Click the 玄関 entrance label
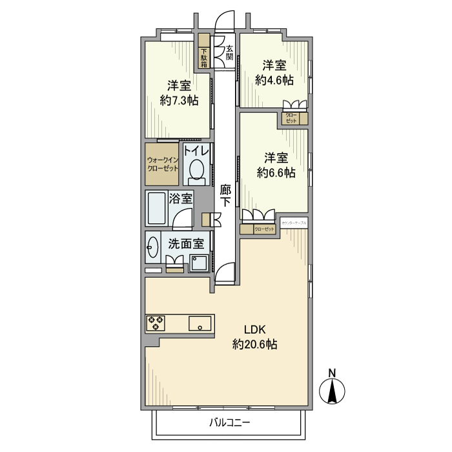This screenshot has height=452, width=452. pos(229,52)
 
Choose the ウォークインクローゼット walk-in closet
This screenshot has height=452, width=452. pos(162,163)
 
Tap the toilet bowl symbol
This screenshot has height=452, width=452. pos(197,172)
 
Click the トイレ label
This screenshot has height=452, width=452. pos(197,151)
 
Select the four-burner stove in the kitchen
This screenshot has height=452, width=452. pos(156,323)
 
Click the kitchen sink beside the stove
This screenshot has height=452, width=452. pos(200,324)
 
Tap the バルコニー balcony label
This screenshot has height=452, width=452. pos(229,423)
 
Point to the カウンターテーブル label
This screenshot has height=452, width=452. pos(294,223)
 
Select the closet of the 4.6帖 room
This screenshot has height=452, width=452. pos(293,119)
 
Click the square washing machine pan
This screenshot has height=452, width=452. pos(199,263)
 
